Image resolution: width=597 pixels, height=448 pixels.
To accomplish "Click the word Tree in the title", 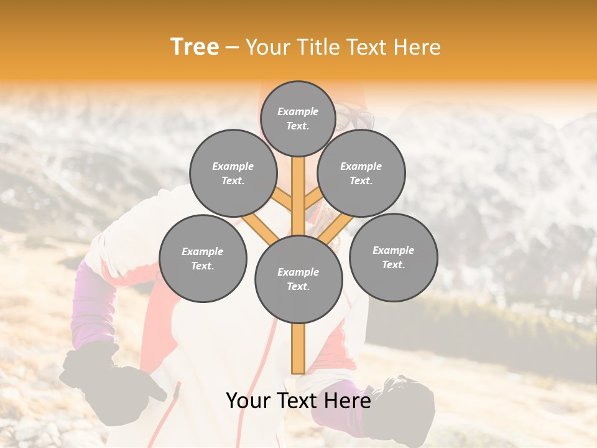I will point(195,47).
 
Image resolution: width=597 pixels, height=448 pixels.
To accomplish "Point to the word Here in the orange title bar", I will point(417,47).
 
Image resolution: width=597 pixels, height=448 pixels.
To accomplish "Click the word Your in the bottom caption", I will point(249,401).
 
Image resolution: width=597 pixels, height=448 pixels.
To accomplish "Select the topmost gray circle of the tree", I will point(298,118).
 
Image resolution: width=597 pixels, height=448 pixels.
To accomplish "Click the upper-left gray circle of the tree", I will point(233,173).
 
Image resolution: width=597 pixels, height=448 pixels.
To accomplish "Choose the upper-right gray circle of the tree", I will point(361,173).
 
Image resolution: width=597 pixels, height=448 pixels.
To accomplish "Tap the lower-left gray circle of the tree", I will point(203,258).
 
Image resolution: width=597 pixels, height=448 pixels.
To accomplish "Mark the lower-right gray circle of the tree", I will point(393,257).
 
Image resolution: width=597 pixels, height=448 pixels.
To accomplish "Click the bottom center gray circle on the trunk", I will point(298,279).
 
